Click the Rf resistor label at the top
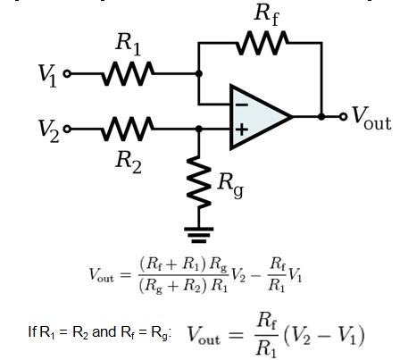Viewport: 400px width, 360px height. coord(266,13)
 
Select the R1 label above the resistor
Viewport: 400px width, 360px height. coord(129,45)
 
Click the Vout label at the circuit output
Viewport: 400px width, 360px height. coord(370,116)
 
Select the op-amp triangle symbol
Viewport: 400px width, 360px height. coord(259,116)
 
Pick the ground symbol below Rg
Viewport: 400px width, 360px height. coord(198,235)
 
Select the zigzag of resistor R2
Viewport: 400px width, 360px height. coord(129,129)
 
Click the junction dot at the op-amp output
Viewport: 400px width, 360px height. coord(321,116)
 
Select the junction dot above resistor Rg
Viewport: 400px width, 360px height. coord(198,129)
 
